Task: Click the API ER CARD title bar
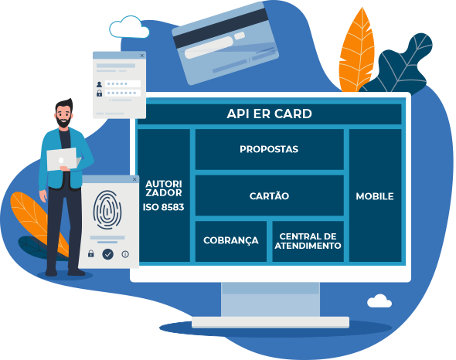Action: click(x=269, y=114)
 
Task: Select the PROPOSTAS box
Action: click(x=269, y=149)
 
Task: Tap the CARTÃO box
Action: click(x=269, y=195)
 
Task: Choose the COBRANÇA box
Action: click(x=231, y=241)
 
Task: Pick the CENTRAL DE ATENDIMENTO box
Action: click(x=308, y=241)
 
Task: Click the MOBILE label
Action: click(x=375, y=196)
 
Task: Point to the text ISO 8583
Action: click(x=163, y=207)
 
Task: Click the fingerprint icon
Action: click(x=107, y=209)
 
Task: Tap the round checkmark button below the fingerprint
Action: click(x=108, y=254)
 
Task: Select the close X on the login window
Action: click(x=142, y=56)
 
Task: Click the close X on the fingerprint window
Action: click(x=134, y=179)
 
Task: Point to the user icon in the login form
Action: click(x=99, y=84)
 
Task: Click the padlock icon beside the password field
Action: click(x=99, y=93)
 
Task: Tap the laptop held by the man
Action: click(x=63, y=159)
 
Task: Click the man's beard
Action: click(x=63, y=122)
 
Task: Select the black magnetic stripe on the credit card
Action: click(x=222, y=28)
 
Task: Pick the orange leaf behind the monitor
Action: click(x=356, y=51)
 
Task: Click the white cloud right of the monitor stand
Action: click(x=379, y=301)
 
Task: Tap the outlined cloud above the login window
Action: click(x=129, y=27)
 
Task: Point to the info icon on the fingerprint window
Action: click(x=125, y=254)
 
